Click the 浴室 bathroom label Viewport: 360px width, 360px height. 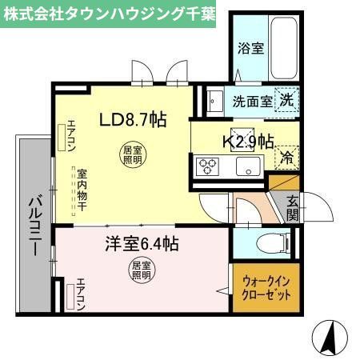(250, 49)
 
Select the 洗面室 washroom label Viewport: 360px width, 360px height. (250, 102)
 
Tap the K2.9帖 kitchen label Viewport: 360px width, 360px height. (246, 142)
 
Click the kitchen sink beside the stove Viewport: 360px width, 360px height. (246, 167)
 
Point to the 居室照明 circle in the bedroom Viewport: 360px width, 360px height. (141, 270)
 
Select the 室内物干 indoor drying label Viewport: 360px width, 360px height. (82, 190)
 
